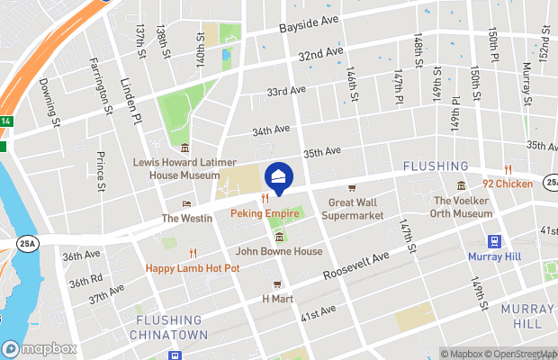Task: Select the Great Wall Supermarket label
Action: [x=355, y=209]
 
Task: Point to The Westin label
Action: [x=186, y=218]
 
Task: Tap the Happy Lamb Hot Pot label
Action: [x=193, y=268]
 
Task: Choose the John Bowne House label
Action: [x=279, y=251]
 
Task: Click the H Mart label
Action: [x=278, y=298]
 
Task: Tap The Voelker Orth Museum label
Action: [x=463, y=207]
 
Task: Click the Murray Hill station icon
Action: [x=494, y=241]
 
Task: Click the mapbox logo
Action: [x=39, y=348]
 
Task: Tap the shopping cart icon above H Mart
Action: [x=278, y=284]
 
